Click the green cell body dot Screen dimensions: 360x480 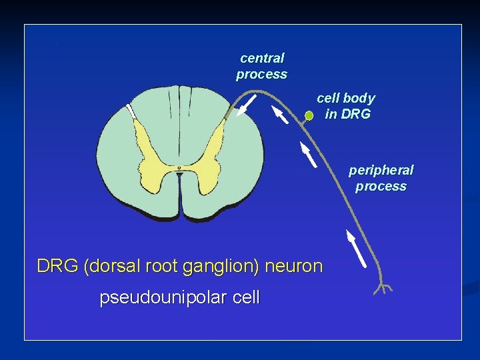[309, 116]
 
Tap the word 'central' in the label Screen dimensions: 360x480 [262, 58]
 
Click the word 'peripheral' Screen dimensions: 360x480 [381, 170]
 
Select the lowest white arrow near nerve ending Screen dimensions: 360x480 [356, 247]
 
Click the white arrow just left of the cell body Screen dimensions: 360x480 [280, 116]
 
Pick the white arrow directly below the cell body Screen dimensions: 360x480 [307, 154]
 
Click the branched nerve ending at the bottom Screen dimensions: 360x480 [383, 288]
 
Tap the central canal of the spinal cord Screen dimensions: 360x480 [179, 167]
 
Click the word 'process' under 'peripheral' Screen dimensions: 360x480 [381, 186]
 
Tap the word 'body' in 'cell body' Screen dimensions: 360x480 [359, 98]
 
